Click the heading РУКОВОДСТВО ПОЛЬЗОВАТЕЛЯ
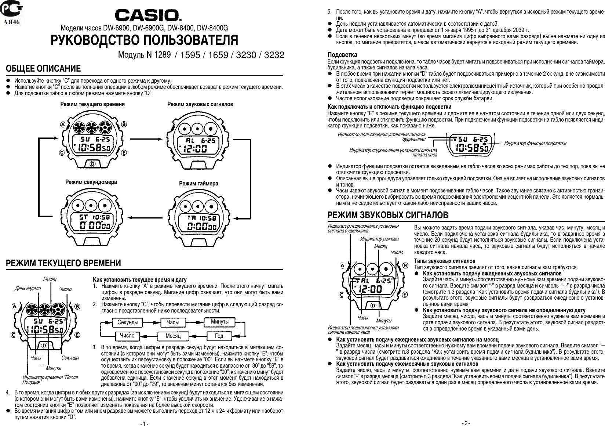point(144,40)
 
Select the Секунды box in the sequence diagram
point(128,322)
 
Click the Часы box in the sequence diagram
point(172,322)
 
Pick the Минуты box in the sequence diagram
point(219,322)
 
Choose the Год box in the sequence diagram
point(219,336)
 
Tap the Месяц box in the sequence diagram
point(173,336)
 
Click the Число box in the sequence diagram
point(127,336)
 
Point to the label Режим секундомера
point(91,182)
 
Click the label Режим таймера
point(198,183)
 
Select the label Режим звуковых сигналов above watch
point(200,104)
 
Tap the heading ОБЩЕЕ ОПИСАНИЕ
point(43,69)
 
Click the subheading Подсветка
point(342,55)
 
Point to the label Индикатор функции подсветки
point(535,143)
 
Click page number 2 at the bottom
point(466,423)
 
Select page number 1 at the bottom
point(144,423)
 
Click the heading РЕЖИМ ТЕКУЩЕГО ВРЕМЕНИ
point(63,263)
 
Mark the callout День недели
point(28,288)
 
